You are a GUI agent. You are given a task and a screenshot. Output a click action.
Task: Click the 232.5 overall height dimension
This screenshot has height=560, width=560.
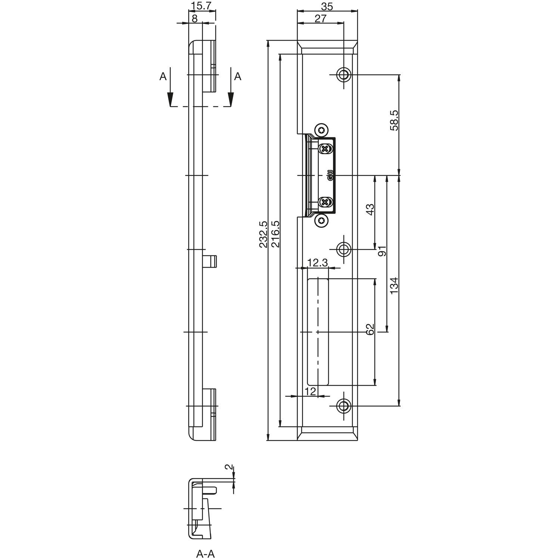point(263,234)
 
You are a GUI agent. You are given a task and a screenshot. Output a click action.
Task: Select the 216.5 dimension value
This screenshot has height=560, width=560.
point(276,234)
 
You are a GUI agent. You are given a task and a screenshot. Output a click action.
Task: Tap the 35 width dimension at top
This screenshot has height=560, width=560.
point(327,6)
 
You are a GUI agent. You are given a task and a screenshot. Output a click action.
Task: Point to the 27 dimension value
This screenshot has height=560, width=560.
point(320,19)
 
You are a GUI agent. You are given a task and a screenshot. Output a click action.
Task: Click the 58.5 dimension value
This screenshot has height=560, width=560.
point(394,120)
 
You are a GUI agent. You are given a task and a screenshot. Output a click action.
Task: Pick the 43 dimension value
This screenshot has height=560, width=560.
point(370,209)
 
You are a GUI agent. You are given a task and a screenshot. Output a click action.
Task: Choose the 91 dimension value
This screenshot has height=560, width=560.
point(382,251)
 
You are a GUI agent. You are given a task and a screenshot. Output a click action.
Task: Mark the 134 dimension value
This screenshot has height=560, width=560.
point(394,286)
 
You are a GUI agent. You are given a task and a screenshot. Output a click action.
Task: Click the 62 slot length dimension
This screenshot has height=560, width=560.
point(370,329)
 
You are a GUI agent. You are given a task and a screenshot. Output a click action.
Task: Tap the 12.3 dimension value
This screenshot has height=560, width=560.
point(317,263)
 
